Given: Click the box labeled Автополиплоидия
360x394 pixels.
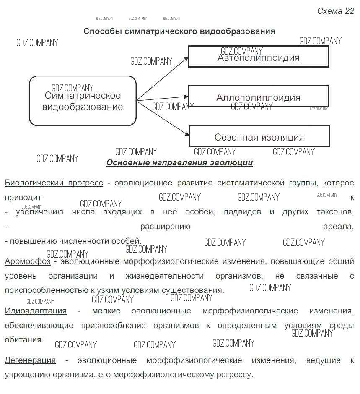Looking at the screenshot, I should tap(258, 57).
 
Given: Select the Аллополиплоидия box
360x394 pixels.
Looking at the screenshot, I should tap(258, 97).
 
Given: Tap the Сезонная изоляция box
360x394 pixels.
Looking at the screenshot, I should tap(259, 137).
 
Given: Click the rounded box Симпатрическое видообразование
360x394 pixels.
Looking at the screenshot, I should tap(83, 101).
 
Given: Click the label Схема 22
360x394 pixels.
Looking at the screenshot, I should tap(335, 11).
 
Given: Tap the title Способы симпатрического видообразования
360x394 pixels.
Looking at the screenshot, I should tap(179, 31).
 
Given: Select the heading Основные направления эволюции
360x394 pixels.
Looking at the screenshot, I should tap(179, 162).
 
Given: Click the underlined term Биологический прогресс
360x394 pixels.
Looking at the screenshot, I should tap(54, 183).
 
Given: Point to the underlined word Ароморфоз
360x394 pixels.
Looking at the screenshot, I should tap(28, 261).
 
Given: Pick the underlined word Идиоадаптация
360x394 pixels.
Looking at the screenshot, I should tap(36, 311).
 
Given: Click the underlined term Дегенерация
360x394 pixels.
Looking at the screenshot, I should tap(30, 360).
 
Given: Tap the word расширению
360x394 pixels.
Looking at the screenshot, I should tap(165, 227).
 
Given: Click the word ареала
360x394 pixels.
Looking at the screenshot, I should tap(338, 227).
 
